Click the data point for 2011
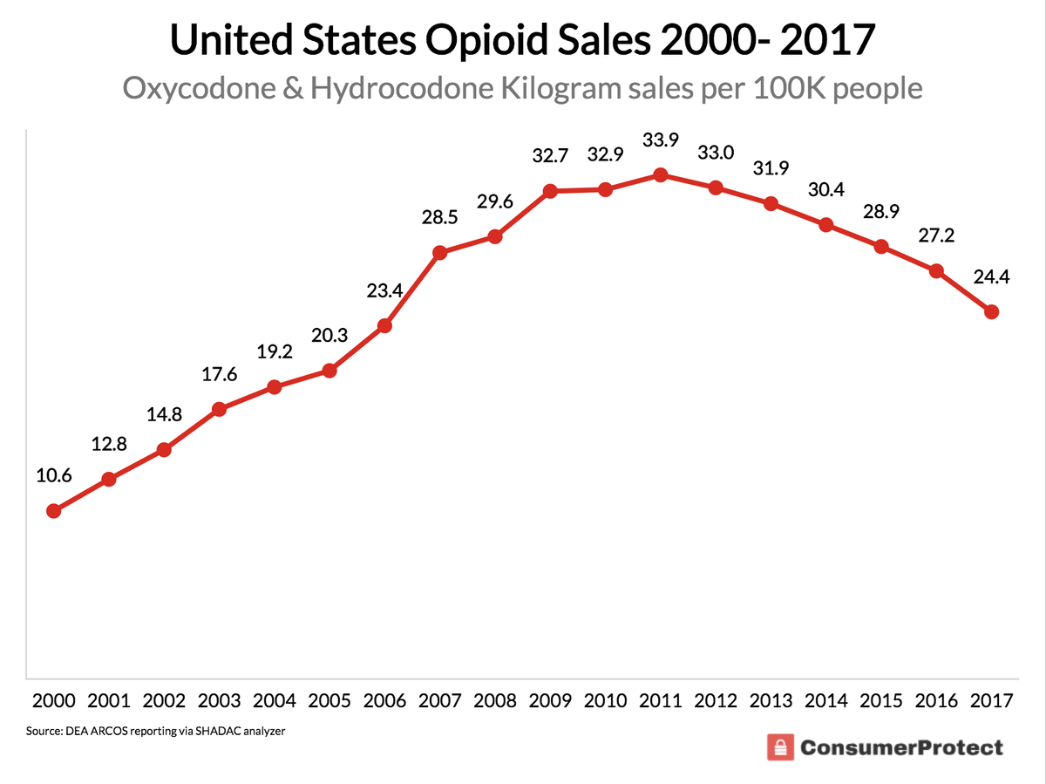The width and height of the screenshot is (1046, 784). pos(661,175)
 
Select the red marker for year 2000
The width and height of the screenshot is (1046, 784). pos(54,511)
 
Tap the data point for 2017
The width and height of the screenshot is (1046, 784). pos(990,312)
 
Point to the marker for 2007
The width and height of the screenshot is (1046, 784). pos(440,253)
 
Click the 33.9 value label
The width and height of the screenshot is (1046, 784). pos(661,139)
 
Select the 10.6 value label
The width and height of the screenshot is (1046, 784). pos(54,475)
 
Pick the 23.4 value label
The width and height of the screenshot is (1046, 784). pos(384,291)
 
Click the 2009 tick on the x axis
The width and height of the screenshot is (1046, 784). pos(550,700)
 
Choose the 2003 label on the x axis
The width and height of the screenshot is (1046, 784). pos(220,700)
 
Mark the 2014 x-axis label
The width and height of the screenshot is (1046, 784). pos(825,700)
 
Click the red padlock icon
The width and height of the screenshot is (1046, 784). pos(778,747)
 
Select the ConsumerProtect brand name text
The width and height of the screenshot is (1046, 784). pos(900,747)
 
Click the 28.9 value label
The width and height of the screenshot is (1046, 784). pos(881,214)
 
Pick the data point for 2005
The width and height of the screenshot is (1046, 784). pos(329,371)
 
